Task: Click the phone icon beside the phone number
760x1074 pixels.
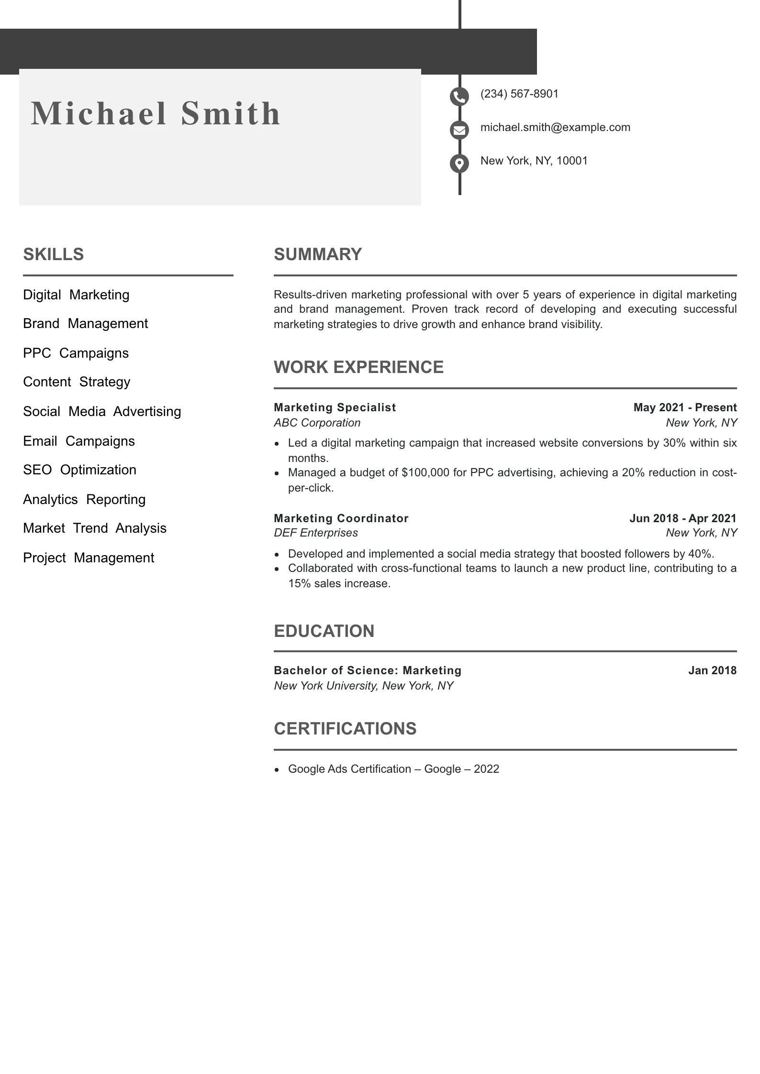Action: [459, 97]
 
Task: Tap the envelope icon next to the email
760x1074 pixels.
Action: [459, 130]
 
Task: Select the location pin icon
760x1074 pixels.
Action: [459, 164]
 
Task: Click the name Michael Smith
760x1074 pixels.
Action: [156, 114]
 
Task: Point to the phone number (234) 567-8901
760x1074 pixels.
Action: [519, 94]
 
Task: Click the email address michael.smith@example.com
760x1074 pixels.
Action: [555, 127]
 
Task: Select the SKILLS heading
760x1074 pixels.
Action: [54, 254]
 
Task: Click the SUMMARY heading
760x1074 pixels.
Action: [318, 254]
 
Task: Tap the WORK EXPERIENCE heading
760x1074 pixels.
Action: [358, 367]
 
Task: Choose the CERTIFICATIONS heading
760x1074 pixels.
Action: [345, 729]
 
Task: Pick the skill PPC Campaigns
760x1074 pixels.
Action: [76, 353]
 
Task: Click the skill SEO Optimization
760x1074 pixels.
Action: [79, 470]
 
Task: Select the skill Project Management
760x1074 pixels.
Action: [89, 558]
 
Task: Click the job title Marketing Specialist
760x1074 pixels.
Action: [335, 407]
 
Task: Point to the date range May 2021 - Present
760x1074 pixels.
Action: [685, 407]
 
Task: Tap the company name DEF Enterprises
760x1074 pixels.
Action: [316, 533]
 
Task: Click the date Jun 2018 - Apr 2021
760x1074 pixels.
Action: [682, 518]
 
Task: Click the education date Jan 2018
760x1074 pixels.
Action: [712, 670]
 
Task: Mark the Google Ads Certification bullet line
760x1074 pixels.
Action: [393, 769]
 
